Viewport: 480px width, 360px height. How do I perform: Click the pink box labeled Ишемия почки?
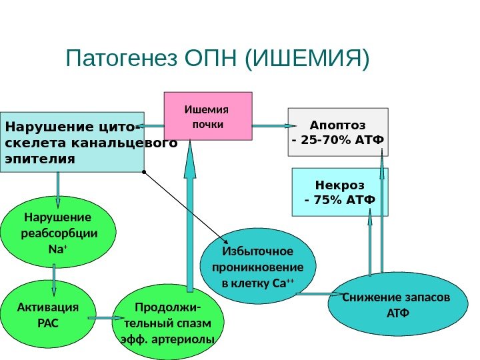click(208, 116)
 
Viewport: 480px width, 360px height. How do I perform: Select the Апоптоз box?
click(337, 131)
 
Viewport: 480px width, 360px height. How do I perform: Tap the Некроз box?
click(340, 192)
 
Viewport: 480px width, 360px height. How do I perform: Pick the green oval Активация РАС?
click(46, 316)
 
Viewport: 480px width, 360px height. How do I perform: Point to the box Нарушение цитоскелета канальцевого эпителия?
click(71, 142)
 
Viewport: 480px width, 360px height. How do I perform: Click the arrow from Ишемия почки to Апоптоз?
click(270, 125)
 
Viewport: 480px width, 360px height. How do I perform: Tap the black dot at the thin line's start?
click(143, 172)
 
